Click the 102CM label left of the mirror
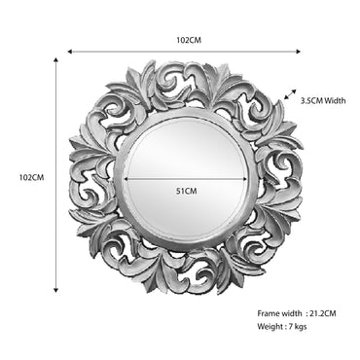coord(32,177)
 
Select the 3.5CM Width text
coord(323,99)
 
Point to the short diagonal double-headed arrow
coord(288,94)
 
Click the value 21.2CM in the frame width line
coord(321,313)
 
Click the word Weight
coord(272,327)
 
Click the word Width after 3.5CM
coord(336,99)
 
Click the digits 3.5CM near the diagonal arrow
coord(312,99)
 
